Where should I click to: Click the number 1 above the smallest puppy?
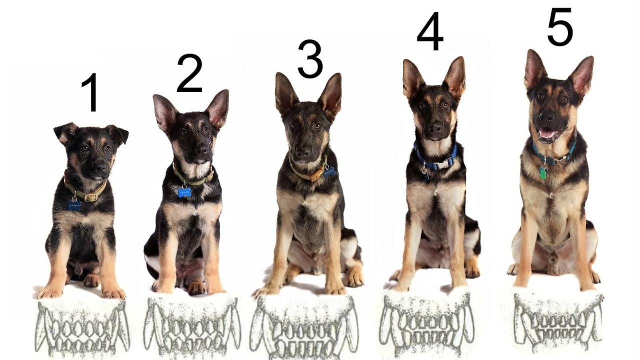pyautogui.click(x=91, y=92)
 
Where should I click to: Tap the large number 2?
pyautogui.click(x=189, y=73)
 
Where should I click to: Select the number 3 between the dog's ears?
pyautogui.click(x=310, y=59)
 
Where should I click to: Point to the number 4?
pyautogui.click(x=430, y=31)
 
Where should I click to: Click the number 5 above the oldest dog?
pyautogui.click(x=560, y=26)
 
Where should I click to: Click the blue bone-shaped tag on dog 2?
pyautogui.click(x=184, y=192)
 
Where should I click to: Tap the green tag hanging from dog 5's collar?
pyautogui.click(x=543, y=173)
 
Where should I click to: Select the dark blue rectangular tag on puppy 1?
pyautogui.click(x=74, y=205)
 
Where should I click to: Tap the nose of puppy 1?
pyautogui.click(x=99, y=166)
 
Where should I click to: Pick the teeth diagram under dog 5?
pyautogui.click(x=557, y=321)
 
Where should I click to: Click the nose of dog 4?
pyautogui.click(x=434, y=128)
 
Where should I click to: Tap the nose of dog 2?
pyautogui.click(x=202, y=150)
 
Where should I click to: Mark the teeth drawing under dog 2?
pyautogui.click(x=192, y=325)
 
